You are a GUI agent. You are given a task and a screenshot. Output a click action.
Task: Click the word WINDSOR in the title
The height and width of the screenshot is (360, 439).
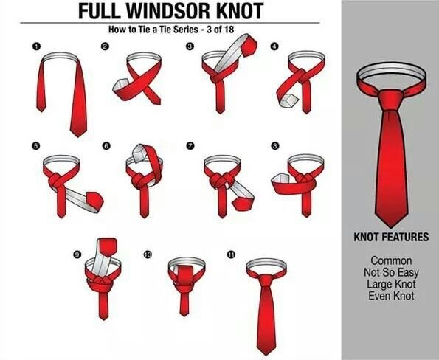(x=170, y=11)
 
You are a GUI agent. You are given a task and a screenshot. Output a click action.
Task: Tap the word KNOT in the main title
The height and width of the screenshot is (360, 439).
(x=241, y=11)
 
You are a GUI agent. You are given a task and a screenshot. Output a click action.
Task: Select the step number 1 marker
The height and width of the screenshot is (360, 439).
(x=36, y=46)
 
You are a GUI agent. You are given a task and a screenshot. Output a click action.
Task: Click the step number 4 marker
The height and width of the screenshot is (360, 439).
(x=274, y=46)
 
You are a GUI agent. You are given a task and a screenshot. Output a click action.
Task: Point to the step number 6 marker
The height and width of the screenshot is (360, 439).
(x=106, y=146)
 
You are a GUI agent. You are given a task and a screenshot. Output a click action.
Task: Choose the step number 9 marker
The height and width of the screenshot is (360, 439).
(x=77, y=255)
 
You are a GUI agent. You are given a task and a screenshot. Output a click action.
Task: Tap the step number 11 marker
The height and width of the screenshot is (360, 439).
(x=231, y=255)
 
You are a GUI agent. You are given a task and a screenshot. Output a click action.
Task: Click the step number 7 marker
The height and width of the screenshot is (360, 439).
(x=190, y=146)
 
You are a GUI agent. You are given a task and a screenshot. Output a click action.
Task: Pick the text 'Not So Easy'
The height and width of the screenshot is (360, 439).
(x=391, y=272)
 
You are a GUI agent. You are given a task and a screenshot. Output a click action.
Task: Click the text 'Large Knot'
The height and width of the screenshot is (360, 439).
(x=391, y=284)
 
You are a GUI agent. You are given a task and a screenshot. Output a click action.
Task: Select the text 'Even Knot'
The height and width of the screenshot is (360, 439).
(x=391, y=296)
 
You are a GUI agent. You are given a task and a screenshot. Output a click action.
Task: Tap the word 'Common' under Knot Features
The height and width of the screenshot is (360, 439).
(x=391, y=260)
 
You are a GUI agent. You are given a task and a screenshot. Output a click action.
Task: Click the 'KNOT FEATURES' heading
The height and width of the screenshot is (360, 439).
(x=391, y=237)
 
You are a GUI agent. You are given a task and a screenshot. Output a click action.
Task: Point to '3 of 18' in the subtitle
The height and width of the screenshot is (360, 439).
(x=220, y=30)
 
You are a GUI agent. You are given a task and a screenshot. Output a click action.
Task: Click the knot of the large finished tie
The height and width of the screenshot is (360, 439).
(x=391, y=100)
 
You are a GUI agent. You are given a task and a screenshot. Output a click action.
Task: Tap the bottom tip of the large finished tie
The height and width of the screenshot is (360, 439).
(x=391, y=227)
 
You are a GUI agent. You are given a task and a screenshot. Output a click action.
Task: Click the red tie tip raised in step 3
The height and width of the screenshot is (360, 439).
(x=249, y=46)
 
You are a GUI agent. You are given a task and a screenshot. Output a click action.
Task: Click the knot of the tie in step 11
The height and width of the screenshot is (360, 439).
(x=265, y=281)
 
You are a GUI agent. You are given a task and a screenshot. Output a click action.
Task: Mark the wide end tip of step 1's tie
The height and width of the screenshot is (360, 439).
(x=78, y=136)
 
